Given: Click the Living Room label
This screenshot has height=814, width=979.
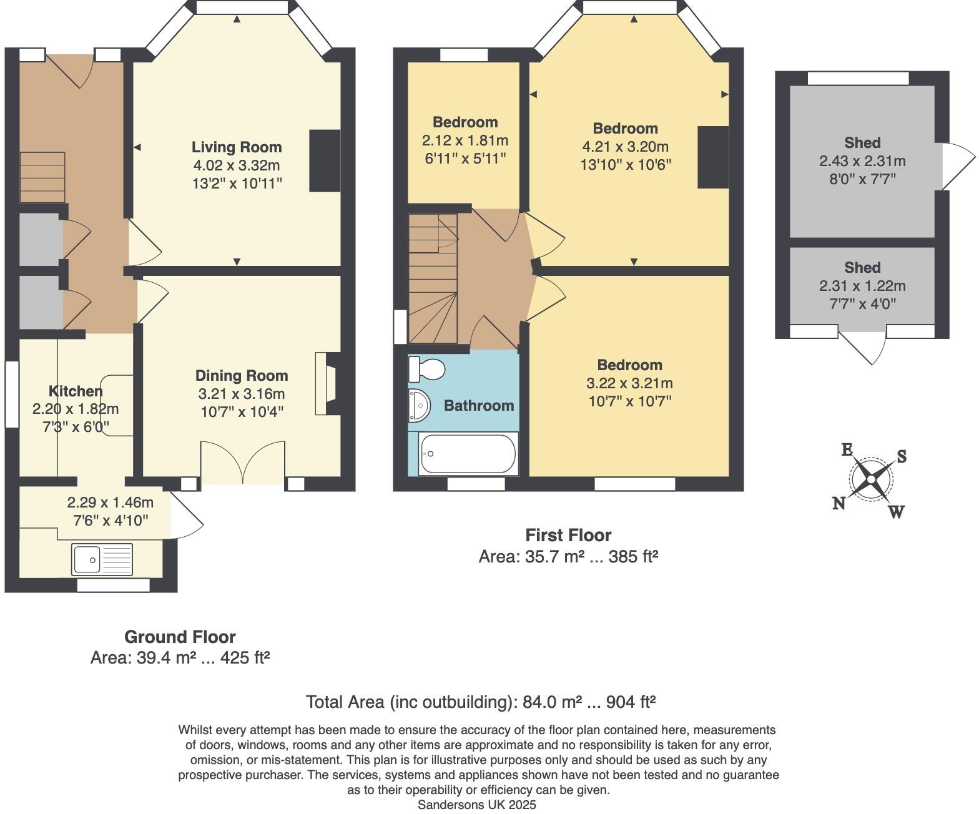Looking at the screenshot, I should click(x=236, y=147).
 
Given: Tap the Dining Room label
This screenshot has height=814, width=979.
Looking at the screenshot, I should click(x=242, y=376).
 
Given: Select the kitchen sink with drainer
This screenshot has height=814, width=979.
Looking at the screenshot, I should click(x=102, y=559).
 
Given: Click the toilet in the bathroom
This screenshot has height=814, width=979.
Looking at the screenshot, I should click(x=426, y=369).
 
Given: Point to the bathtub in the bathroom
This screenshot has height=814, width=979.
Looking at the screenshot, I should click(x=468, y=454).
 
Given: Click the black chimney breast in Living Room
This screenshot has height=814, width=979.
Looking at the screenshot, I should click(x=325, y=161).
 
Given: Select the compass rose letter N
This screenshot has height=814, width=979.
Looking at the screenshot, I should click(x=839, y=503).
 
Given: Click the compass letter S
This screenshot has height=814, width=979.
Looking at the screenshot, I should click(x=901, y=457).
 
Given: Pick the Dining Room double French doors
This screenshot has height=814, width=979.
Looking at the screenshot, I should click(x=243, y=463).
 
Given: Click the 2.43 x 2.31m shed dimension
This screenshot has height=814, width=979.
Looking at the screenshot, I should click(x=862, y=161).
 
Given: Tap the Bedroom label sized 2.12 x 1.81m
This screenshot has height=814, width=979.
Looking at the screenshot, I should click(x=465, y=122).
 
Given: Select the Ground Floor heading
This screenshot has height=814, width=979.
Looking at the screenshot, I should click(x=180, y=637).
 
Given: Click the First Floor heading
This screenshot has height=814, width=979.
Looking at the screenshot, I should click(x=568, y=535).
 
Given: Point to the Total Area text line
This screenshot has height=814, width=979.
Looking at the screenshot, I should click(x=480, y=702).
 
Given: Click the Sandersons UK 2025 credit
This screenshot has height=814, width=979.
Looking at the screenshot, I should click(x=476, y=805).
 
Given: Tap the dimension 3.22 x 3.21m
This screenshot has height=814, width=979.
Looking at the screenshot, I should click(x=629, y=383).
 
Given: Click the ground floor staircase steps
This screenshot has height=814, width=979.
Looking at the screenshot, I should click(x=42, y=177).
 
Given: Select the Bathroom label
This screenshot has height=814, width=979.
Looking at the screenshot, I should click(x=479, y=406).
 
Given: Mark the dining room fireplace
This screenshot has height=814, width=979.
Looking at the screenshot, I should click(x=327, y=384).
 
